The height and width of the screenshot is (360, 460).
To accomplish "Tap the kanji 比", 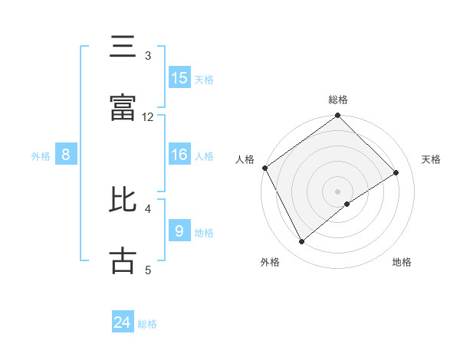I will (x=123, y=201).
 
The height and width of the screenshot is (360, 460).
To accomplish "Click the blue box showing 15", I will (x=179, y=77).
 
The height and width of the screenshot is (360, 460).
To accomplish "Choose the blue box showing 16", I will (x=179, y=155).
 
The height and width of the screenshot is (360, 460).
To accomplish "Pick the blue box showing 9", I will (x=179, y=230).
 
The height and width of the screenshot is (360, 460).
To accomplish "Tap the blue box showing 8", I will (x=66, y=155).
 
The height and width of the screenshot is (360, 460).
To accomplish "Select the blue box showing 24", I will (x=123, y=322).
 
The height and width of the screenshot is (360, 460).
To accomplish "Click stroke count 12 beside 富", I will (x=148, y=116).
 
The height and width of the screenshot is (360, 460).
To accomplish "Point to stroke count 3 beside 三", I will (x=148, y=56).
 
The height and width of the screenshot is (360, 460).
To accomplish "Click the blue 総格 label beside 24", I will (x=147, y=324).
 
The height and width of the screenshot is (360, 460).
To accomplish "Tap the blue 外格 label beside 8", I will (x=41, y=156).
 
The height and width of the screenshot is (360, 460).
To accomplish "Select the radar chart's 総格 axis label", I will (x=338, y=100).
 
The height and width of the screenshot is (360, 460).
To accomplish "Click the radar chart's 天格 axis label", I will (x=432, y=159).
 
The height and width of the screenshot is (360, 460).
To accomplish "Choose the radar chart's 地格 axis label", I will (x=402, y=262).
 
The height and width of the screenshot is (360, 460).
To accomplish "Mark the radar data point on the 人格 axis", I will (x=264, y=168).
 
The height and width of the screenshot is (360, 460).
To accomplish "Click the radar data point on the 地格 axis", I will (x=348, y=204).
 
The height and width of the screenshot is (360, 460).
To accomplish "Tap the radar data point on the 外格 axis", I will (x=302, y=242).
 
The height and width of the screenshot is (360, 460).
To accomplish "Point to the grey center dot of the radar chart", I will (x=338, y=191).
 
